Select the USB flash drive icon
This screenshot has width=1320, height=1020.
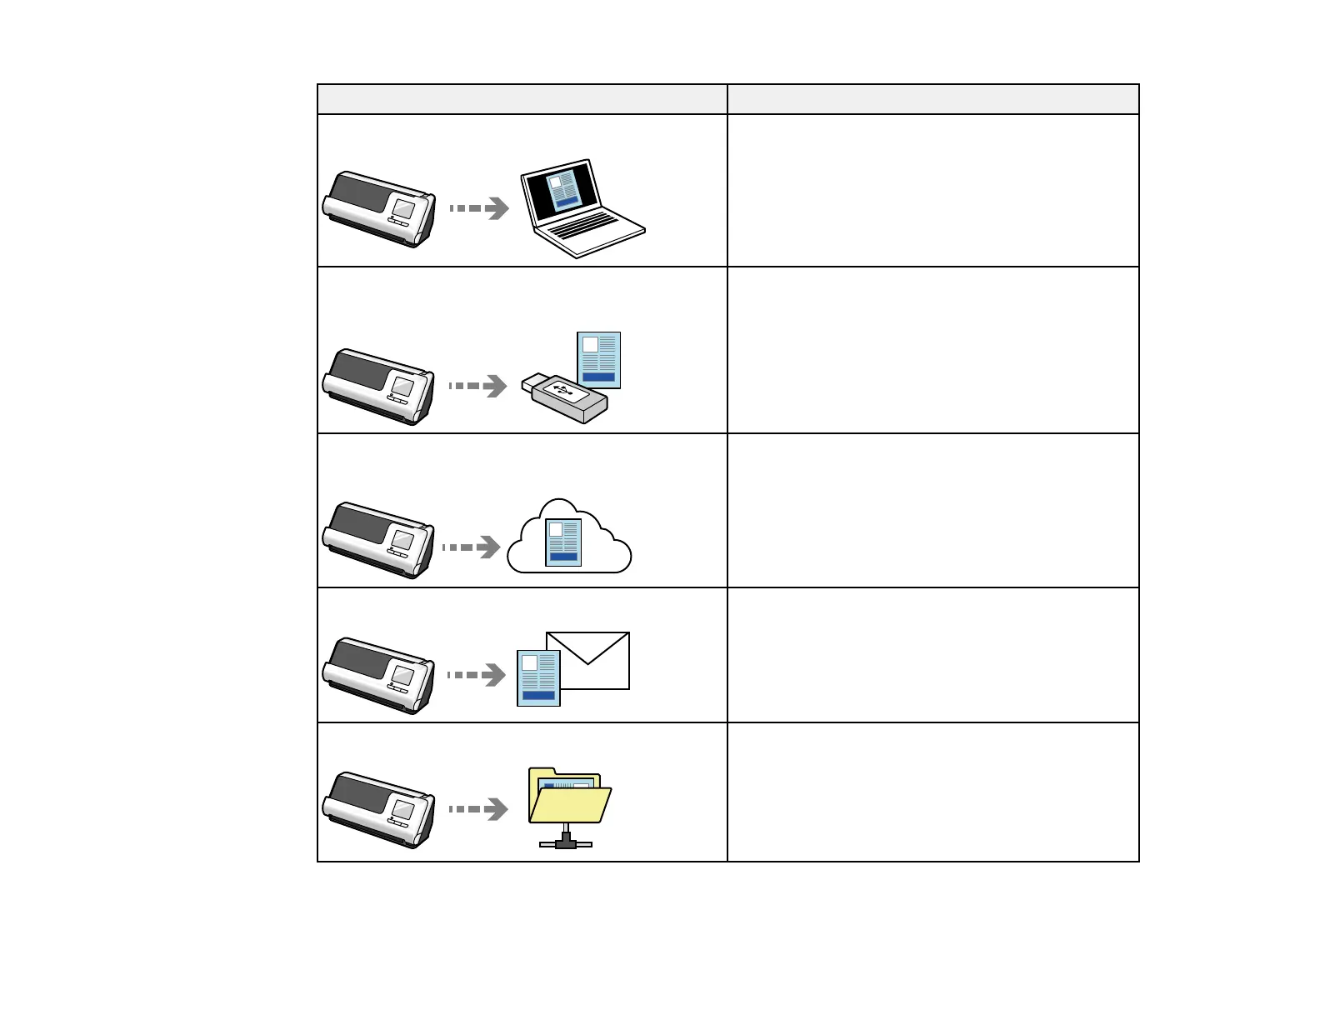pos(564,398)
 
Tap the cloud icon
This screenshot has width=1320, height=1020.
pos(569,538)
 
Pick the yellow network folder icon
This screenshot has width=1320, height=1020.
pos(569,796)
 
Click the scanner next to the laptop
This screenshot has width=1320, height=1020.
pos(379,209)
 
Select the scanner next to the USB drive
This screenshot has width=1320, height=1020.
pos(379,387)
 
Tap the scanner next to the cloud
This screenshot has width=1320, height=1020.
pos(379,540)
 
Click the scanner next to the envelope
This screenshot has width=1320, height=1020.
pos(379,676)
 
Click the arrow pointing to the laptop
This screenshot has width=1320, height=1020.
pos(480,208)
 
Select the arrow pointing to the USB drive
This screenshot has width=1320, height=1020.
pos(478,386)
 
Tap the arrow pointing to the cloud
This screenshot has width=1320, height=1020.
pos(472,547)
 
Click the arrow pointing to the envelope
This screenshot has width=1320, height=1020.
pos(477,675)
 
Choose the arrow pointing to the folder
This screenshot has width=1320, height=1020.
pos(479,809)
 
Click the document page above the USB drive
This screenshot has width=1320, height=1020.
pos(599,360)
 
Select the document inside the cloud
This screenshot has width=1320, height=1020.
pos(563,542)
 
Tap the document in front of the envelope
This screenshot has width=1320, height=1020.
pos(538,677)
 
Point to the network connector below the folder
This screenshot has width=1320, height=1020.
pos(567,840)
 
